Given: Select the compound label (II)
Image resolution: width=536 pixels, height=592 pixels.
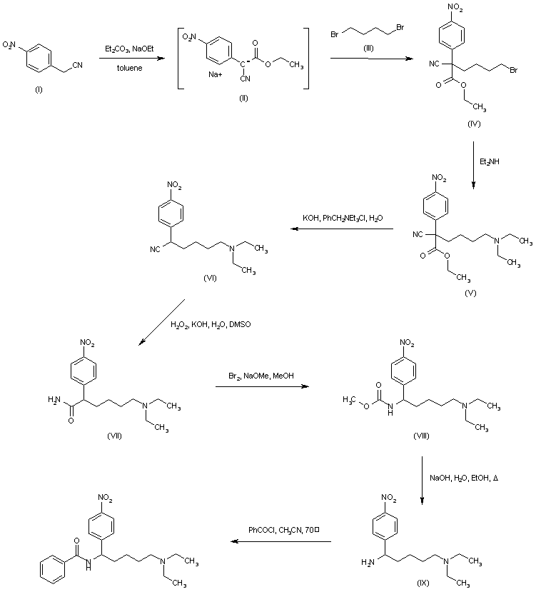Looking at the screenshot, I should pyautogui.click(x=242, y=96).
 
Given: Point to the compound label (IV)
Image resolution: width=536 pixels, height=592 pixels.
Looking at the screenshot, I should pyautogui.click(x=474, y=124).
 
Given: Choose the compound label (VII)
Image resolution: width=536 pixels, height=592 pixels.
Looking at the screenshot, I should pyautogui.click(x=113, y=435).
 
